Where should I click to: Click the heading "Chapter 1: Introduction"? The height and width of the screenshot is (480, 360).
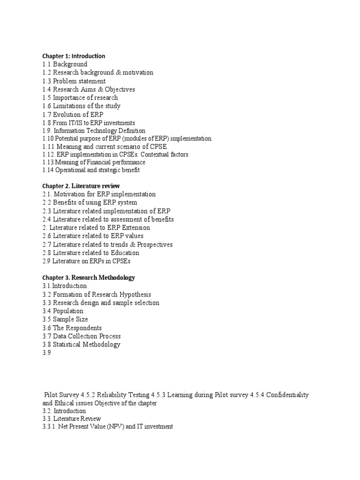pyautogui.click(x=74, y=56)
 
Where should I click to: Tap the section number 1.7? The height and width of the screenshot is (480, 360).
pyautogui.click(x=46, y=114)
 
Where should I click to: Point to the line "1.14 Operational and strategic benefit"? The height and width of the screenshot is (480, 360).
pyautogui.click(x=91, y=170)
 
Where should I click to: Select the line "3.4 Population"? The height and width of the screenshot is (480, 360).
pyautogui.click(x=63, y=311)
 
